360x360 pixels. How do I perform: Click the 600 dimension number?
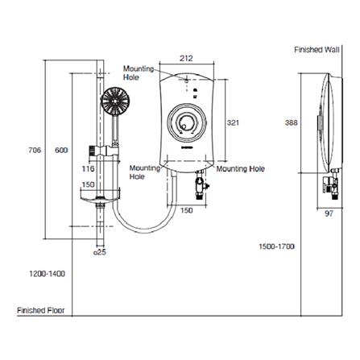(60, 150)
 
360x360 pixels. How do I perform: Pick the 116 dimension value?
(89, 169)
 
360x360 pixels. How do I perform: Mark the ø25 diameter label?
(101, 253)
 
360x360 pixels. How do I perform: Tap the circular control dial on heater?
(187, 125)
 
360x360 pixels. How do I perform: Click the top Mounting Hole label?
(138, 73)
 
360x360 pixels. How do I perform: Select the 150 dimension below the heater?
(185, 211)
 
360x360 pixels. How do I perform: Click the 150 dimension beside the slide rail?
(88, 184)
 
